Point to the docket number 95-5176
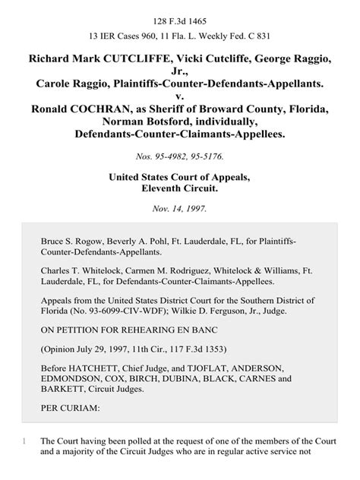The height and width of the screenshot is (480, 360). coord(211,157)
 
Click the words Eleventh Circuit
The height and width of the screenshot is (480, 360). coord(180,191)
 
